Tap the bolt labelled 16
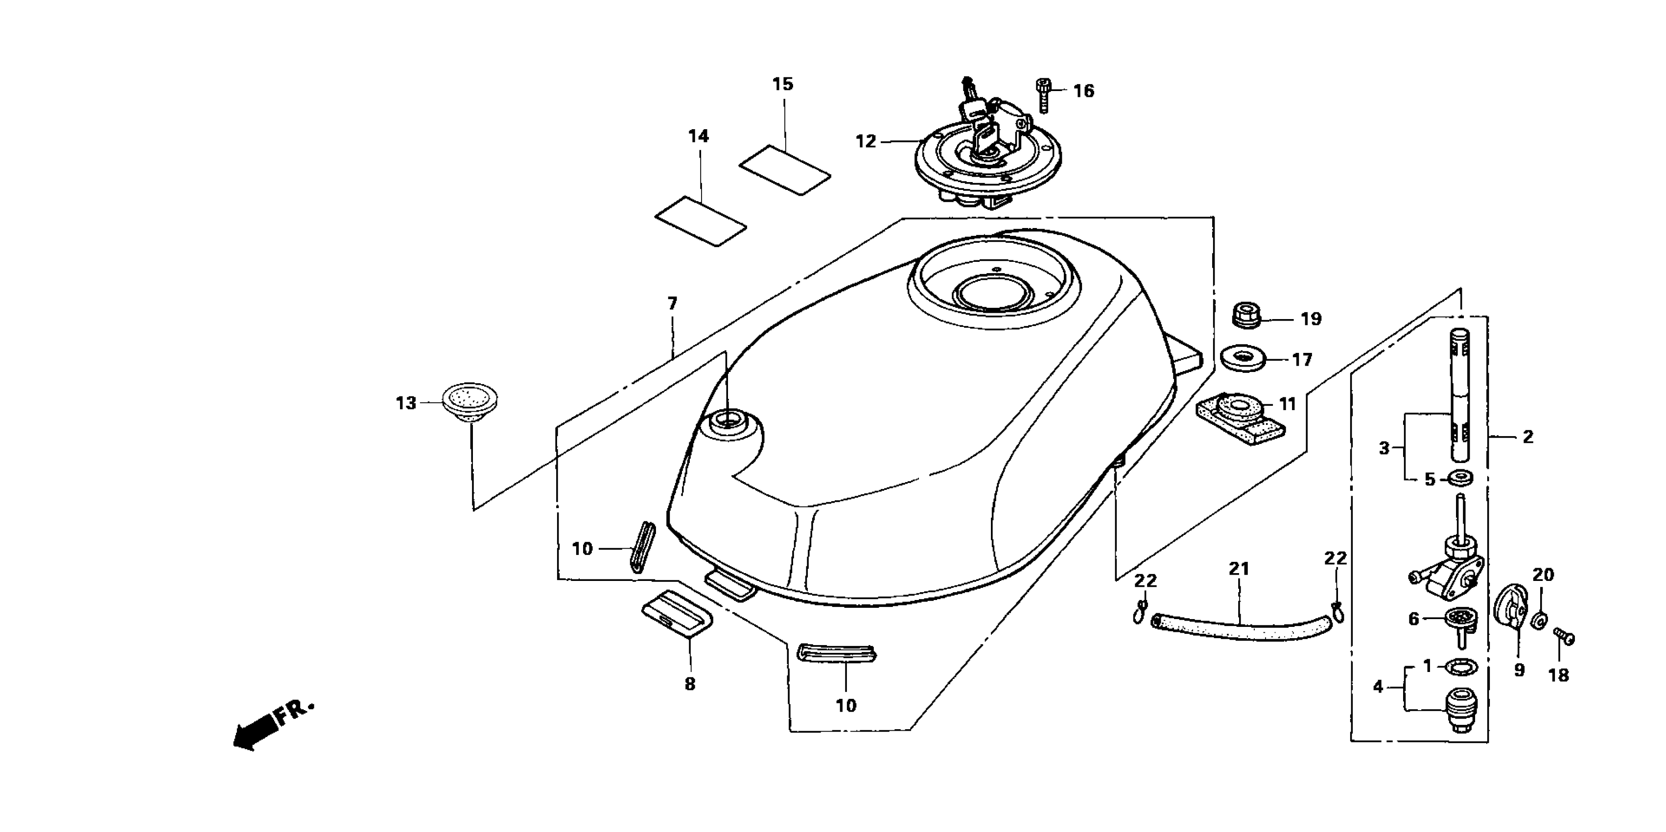pos(1043,95)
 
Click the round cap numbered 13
pos(469,402)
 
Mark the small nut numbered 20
pos(1540,621)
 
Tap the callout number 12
pos(866,141)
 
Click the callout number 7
pos(672,303)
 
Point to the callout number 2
pos(1527,437)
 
